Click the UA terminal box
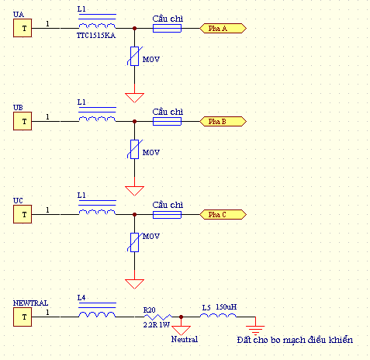[22, 28]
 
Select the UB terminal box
[22, 121]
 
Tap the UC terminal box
[22, 214]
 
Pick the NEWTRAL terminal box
[22, 317]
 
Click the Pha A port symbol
[223, 28]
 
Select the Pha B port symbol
[223, 121]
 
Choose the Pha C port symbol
[223, 214]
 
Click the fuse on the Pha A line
[167, 28]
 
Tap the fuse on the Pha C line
[167, 214]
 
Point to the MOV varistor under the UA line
[134, 56]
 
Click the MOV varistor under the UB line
[134, 149]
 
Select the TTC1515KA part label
[96, 36]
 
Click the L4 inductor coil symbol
[97, 314]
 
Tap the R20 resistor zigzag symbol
[157, 317]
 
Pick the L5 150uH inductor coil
[218, 315]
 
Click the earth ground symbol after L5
[255, 331]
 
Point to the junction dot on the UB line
[134, 121]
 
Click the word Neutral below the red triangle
[185, 339]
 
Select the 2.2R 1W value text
[157, 325]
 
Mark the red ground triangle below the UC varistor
[134, 284]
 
